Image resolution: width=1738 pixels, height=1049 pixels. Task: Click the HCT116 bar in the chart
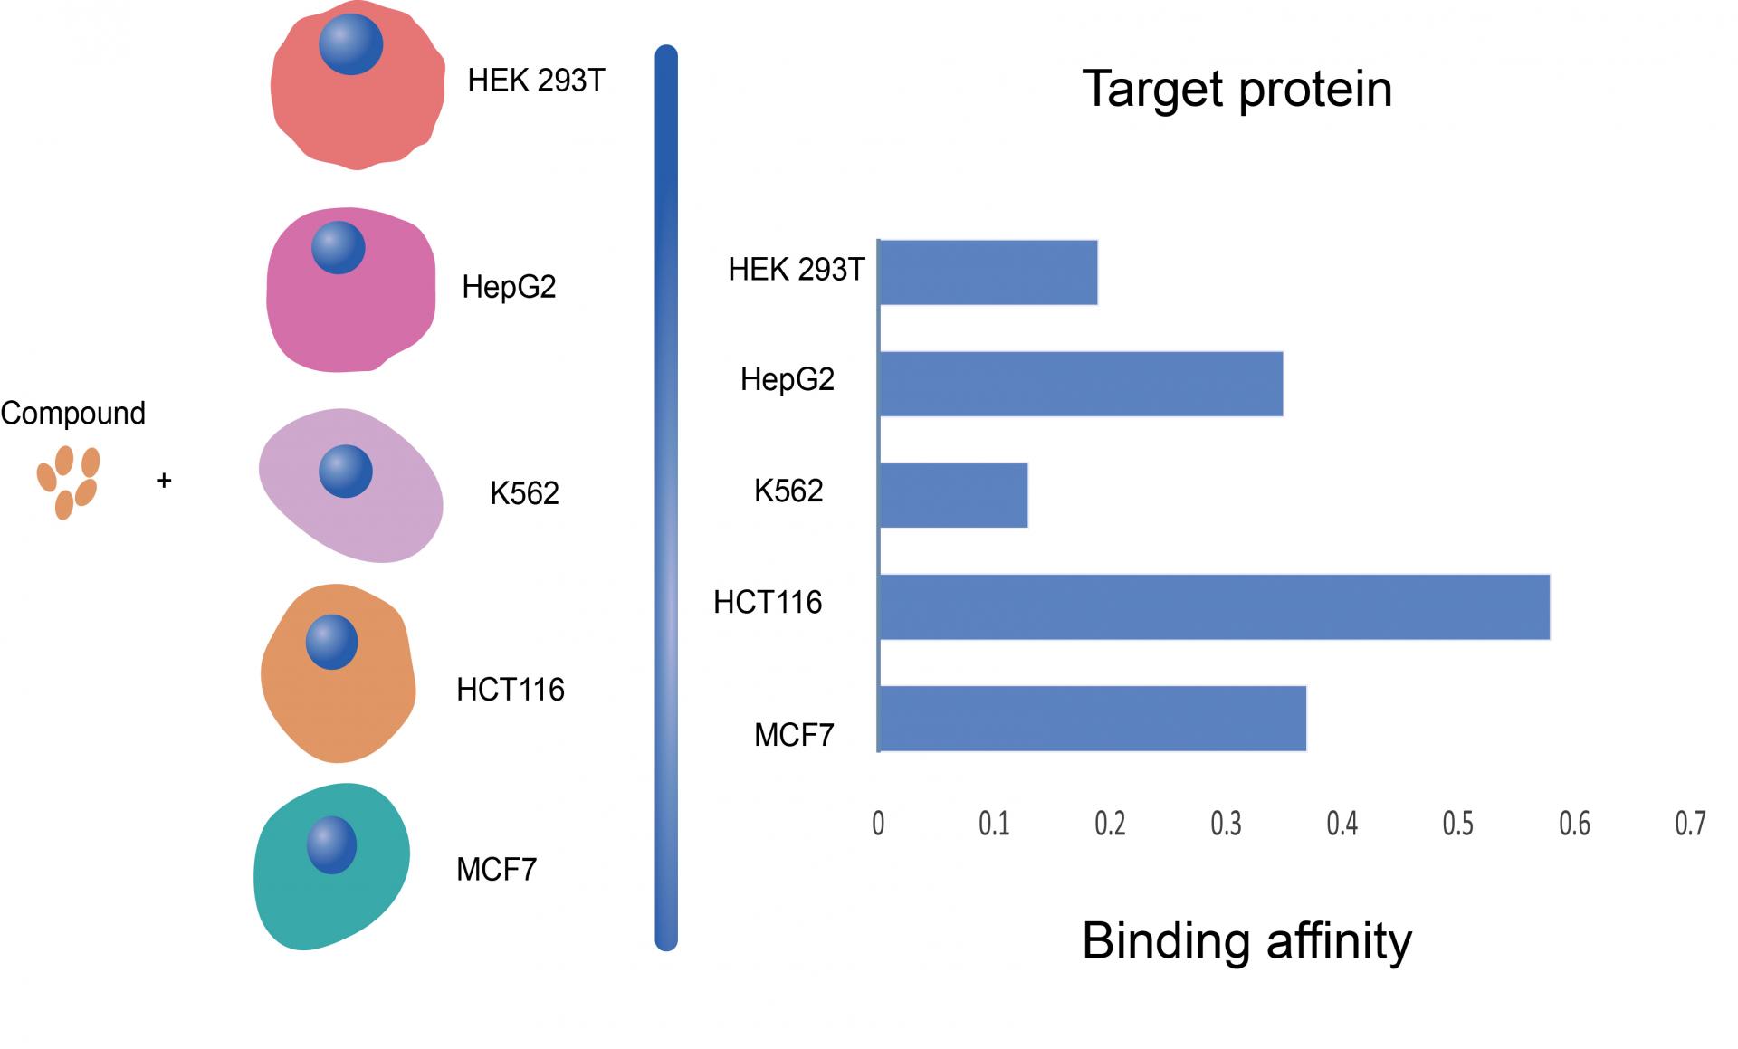pos(1214,607)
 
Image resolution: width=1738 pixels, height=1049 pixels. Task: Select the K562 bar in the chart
pos(953,495)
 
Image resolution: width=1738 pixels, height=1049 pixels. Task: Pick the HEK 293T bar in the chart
pos(988,272)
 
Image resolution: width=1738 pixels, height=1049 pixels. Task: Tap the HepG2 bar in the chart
pos(1081,384)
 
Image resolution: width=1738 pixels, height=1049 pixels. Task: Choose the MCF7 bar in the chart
pos(1093,719)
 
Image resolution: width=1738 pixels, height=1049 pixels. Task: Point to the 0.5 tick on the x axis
pos(1457,823)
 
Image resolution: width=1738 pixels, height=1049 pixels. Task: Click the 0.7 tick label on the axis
pos(1690,823)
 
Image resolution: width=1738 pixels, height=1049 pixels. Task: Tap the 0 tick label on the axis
pos(878,823)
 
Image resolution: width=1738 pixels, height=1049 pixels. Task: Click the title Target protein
pos(1237,90)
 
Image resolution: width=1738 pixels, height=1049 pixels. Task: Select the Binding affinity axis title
pos(1246,941)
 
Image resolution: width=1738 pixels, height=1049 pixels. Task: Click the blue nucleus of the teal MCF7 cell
pos(332,845)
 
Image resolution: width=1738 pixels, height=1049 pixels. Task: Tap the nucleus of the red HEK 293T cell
pos(351,43)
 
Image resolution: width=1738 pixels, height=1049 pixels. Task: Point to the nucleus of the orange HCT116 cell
pos(332,642)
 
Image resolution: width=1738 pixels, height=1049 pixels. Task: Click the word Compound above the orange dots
pos(73,414)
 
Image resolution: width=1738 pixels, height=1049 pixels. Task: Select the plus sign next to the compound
pos(164,480)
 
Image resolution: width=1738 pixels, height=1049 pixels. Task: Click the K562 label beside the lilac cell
pos(524,493)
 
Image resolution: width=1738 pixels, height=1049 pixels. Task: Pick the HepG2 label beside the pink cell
pos(509,288)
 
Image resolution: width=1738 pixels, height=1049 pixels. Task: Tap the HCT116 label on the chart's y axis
pos(768,603)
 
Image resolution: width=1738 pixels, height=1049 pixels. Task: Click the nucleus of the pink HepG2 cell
pos(339,248)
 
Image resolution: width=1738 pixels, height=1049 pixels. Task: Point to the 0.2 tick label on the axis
pos(1110,823)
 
